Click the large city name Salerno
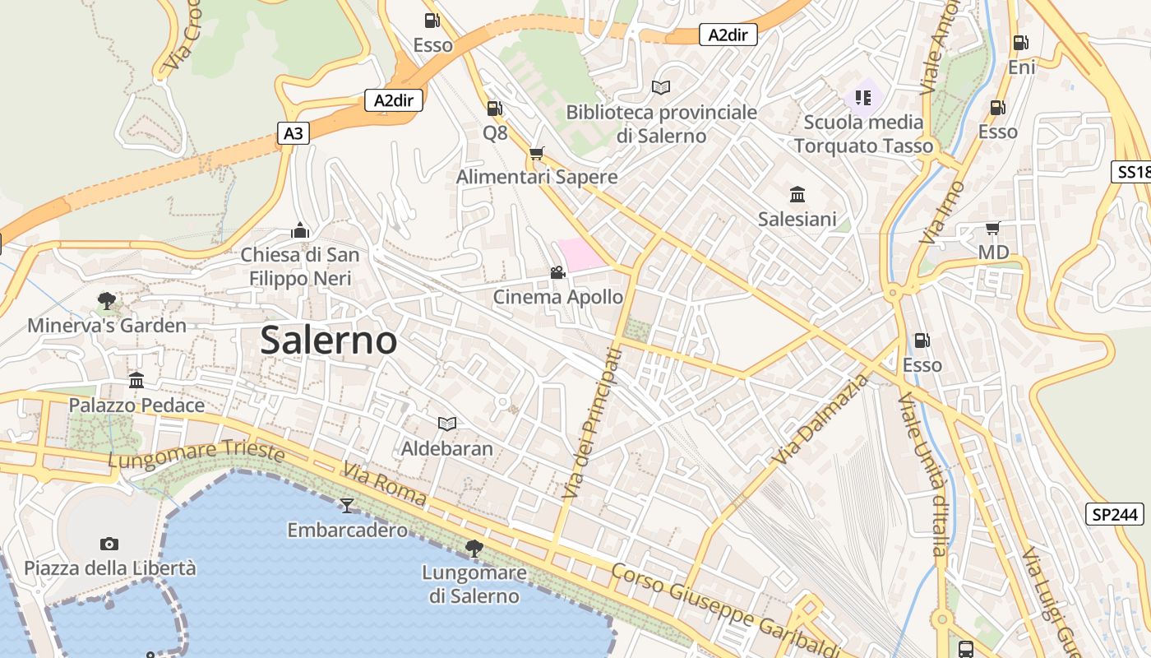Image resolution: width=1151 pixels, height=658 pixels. click(x=329, y=341)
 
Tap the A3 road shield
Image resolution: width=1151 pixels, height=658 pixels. click(x=294, y=133)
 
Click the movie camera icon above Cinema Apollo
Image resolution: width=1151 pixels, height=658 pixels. click(x=557, y=272)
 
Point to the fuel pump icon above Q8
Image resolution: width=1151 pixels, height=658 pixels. click(x=494, y=109)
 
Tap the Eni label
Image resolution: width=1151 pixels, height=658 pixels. click(x=1021, y=67)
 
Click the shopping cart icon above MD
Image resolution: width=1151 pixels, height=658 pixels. click(x=993, y=228)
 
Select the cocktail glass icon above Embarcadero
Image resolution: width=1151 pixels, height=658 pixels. click(x=347, y=505)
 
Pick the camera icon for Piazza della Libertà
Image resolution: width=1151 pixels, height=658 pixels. click(x=109, y=544)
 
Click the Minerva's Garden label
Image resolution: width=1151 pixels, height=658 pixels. click(x=107, y=326)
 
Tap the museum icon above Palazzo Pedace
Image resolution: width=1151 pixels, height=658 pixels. click(x=136, y=381)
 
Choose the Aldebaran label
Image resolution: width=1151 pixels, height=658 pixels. click(x=447, y=448)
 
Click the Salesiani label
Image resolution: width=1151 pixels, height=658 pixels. click(x=797, y=219)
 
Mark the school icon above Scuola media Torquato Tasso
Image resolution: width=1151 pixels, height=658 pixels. click(x=862, y=98)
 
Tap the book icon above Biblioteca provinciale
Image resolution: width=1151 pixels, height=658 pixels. click(x=661, y=87)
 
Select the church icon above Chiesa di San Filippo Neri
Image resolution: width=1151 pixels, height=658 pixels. click(x=300, y=229)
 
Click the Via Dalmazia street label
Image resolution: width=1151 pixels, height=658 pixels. click(x=810, y=419)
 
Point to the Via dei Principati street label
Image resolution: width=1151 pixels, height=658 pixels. click(x=592, y=423)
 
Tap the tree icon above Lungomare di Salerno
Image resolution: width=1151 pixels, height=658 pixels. click(x=474, y=547)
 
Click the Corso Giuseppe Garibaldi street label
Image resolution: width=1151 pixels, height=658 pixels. click(x=723, y=609)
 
